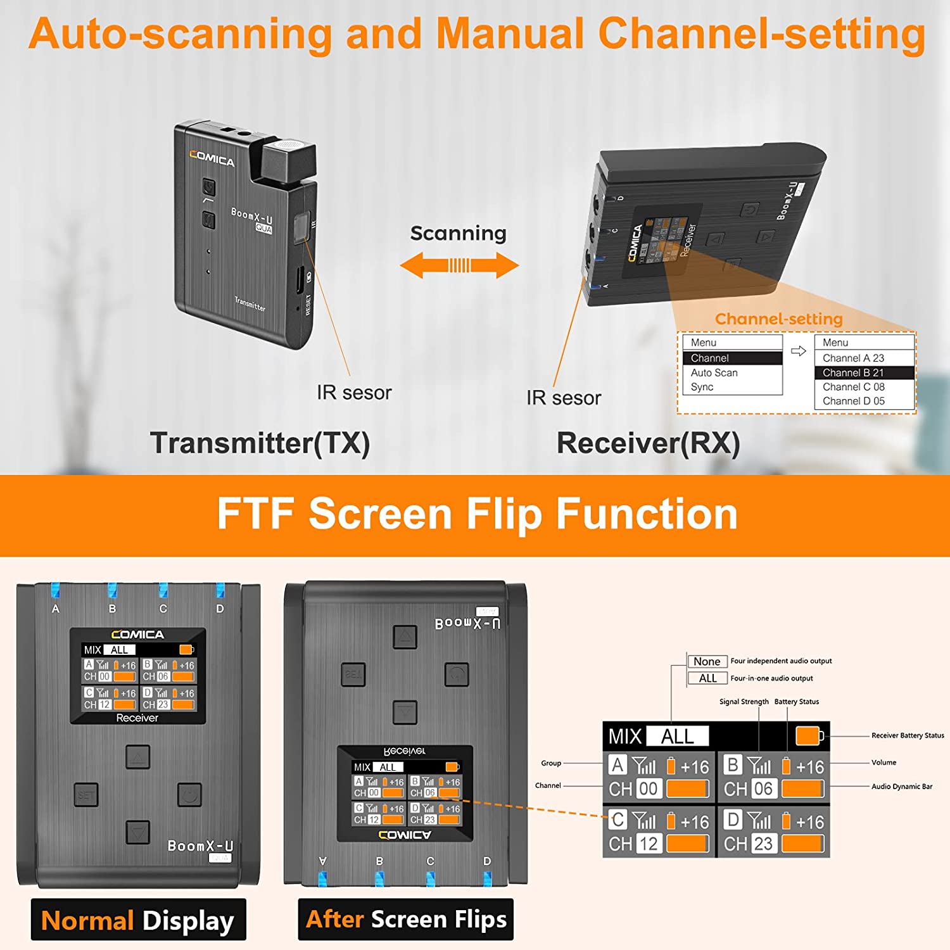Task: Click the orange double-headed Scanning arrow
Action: point(459,265)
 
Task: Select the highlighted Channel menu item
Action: point(733,358)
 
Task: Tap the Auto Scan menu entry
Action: point(714,373)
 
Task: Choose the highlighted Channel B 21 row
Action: point(864,373)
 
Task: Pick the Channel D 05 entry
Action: point(853,401)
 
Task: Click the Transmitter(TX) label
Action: point(260,443)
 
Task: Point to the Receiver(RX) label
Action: point(648,443)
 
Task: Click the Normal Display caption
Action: point(138,920)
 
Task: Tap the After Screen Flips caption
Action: point(406,919)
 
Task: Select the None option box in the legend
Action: point(707,661)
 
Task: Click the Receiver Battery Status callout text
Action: point(907,735)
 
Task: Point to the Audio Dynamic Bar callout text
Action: point(901,787)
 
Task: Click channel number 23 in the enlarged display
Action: point(763,844)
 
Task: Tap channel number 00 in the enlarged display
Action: point(648,788)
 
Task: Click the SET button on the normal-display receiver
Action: point(86,795)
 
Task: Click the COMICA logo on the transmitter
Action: point(212,158)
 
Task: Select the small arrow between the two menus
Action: point(799,351)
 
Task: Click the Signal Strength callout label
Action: point(744,702)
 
